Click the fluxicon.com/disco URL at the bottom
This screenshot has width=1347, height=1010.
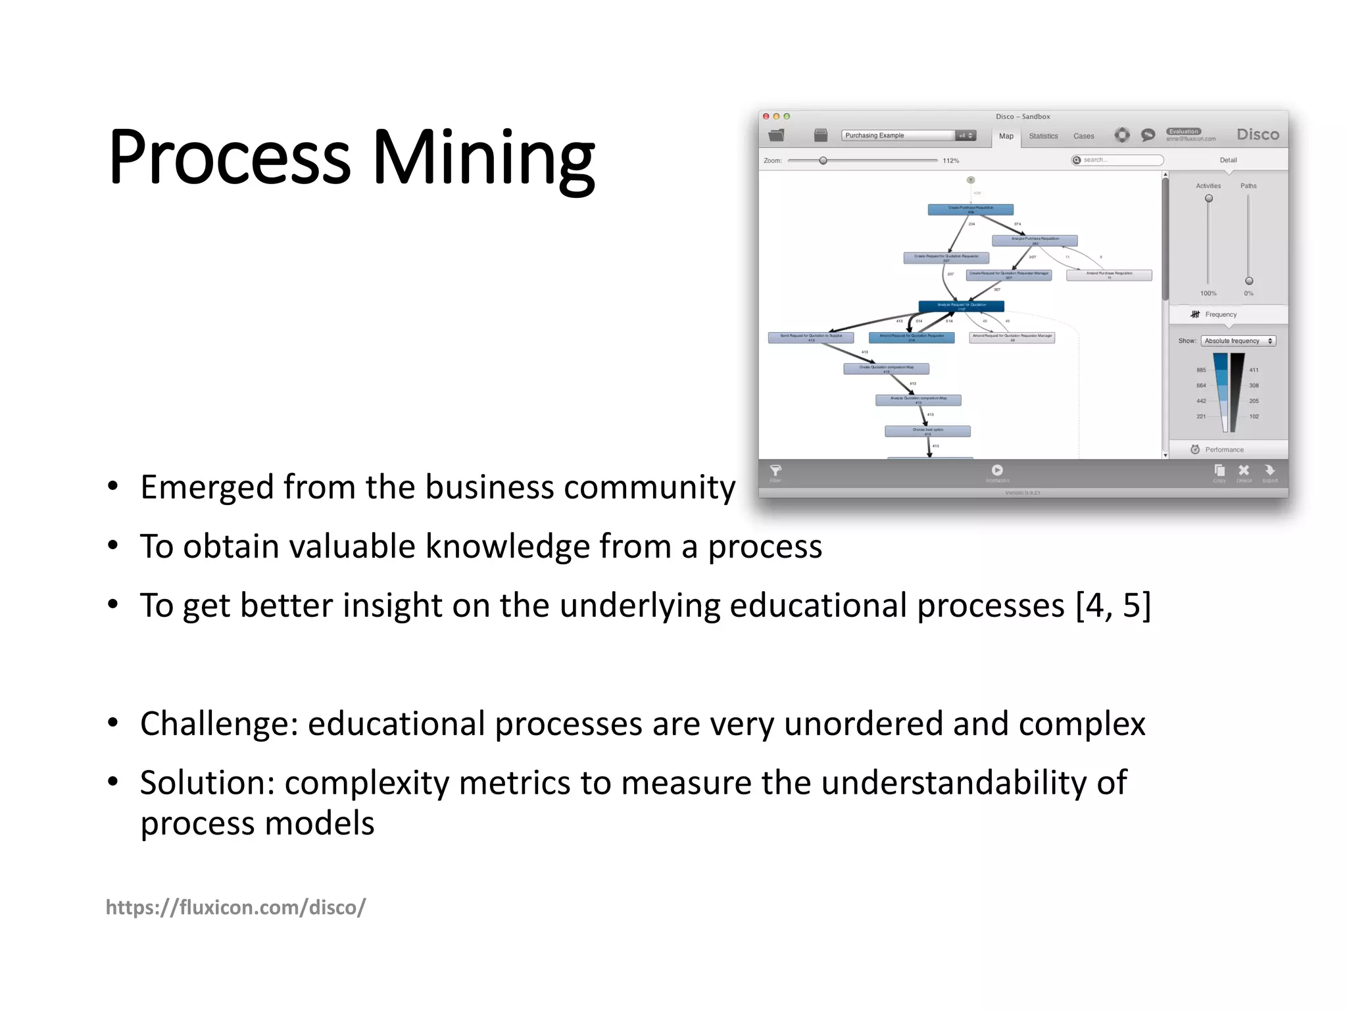235,907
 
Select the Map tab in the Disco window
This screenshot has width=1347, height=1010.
1006,136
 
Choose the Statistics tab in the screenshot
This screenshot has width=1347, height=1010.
1043,136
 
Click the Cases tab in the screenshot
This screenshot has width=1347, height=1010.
1083,136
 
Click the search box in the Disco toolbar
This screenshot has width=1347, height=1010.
1118,160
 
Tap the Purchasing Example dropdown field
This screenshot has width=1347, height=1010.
898,135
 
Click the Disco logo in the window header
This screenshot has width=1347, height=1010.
1257,134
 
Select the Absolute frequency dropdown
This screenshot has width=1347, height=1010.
1238,341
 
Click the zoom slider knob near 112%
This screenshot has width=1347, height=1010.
823,160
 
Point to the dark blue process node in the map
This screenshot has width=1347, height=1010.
961,306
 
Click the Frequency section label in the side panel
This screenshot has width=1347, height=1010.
1220,314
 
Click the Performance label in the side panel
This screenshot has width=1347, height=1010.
1223,450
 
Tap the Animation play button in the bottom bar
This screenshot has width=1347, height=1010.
997,470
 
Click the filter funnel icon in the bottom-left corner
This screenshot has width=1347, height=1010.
775,470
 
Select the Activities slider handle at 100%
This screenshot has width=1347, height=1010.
1208,199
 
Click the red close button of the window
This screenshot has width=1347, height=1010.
766,116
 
